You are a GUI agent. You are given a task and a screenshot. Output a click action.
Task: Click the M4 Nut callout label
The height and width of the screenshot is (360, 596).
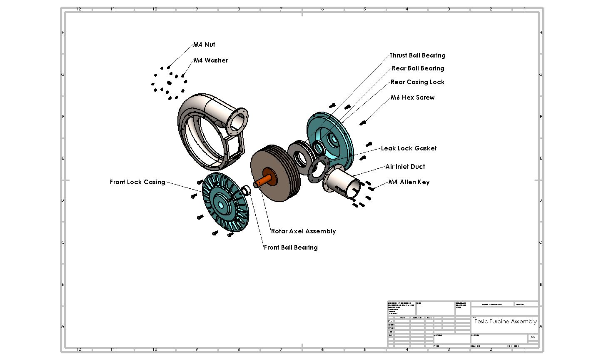pos(204,45)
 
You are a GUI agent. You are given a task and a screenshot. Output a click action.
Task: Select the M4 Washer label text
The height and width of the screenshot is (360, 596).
pos(211,60)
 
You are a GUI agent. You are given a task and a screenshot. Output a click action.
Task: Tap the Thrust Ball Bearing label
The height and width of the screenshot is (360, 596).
pos(417,55)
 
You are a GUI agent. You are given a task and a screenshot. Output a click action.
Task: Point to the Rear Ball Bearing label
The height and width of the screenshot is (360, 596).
pos(418,68)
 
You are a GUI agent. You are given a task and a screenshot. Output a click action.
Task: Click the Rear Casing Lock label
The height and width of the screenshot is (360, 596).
pos(417,82)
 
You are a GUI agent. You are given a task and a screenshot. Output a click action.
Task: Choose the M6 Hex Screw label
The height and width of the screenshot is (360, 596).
pos(412,97)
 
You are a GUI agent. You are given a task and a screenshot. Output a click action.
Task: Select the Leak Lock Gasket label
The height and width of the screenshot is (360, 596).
pos(409,148)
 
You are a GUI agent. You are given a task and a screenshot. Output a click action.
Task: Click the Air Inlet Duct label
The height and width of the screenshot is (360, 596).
pos(405,167)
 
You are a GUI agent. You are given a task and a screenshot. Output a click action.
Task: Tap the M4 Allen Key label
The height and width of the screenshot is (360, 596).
pos(409,182)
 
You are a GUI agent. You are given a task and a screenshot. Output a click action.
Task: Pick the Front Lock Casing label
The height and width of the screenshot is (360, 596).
pos(137,182)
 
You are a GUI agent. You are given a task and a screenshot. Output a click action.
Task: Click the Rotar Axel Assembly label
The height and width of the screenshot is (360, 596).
pos(303,231)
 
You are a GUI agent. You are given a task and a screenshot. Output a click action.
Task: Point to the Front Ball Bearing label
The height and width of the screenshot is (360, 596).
pos(291,247)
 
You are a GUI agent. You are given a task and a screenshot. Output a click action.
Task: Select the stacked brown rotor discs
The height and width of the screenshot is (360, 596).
pos(277,167)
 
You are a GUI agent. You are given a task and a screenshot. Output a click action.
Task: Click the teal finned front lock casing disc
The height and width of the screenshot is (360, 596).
pos(225,202)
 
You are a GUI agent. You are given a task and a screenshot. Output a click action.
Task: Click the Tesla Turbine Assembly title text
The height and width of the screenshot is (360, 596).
pos(505,321)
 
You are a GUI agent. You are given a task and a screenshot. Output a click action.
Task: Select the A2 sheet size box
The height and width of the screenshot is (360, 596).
pos(533,337)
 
